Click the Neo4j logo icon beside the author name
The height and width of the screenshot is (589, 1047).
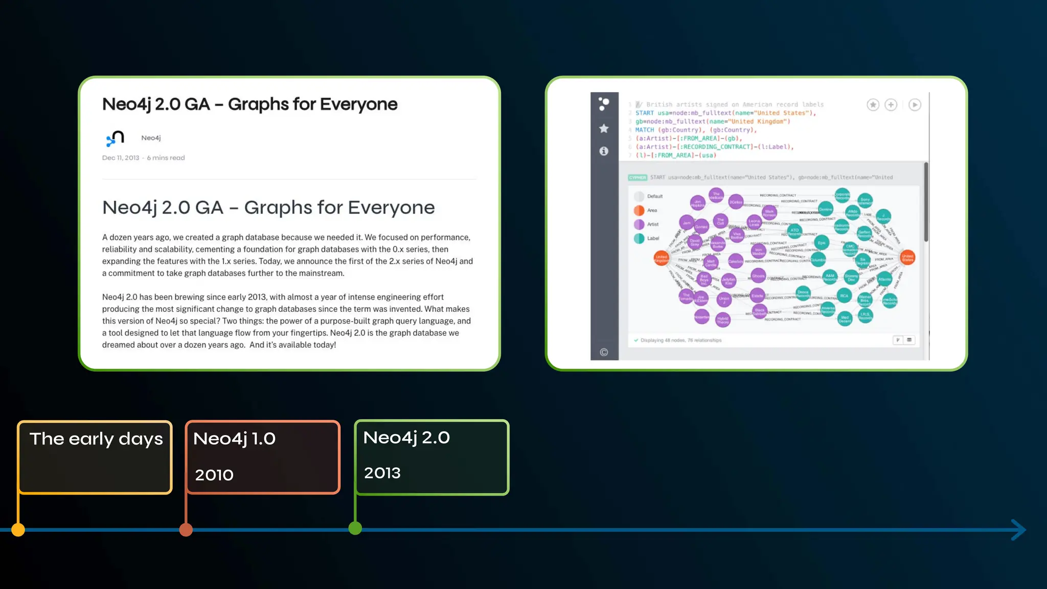point(116,138)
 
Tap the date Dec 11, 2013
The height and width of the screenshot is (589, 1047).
point(121,158)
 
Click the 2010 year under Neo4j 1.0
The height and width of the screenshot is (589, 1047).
point(214,475)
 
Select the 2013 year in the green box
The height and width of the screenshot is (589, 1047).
point(382,473)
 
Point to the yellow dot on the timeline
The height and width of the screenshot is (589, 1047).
point(18,530)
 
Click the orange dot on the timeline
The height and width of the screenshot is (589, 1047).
point(186,530)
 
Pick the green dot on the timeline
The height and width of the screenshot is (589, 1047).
point(355,528)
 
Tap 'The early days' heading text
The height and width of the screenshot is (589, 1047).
point(96,439)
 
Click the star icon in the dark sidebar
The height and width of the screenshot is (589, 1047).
point(604,128)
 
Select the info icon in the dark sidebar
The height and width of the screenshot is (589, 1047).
point(604,151)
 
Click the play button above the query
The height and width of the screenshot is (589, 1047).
point(915,105)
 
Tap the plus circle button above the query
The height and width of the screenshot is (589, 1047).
point(891,105)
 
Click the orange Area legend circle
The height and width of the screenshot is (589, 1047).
point(639,210)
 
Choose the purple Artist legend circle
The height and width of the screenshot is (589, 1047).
point(639,224)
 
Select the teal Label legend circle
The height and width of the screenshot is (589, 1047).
point(639,238)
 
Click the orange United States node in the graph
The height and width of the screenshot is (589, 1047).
point(907,258)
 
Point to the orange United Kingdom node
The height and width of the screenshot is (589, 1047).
point(662,258)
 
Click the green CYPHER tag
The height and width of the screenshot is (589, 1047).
point(638,177)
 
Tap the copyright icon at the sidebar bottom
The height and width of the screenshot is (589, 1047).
point(604,352)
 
